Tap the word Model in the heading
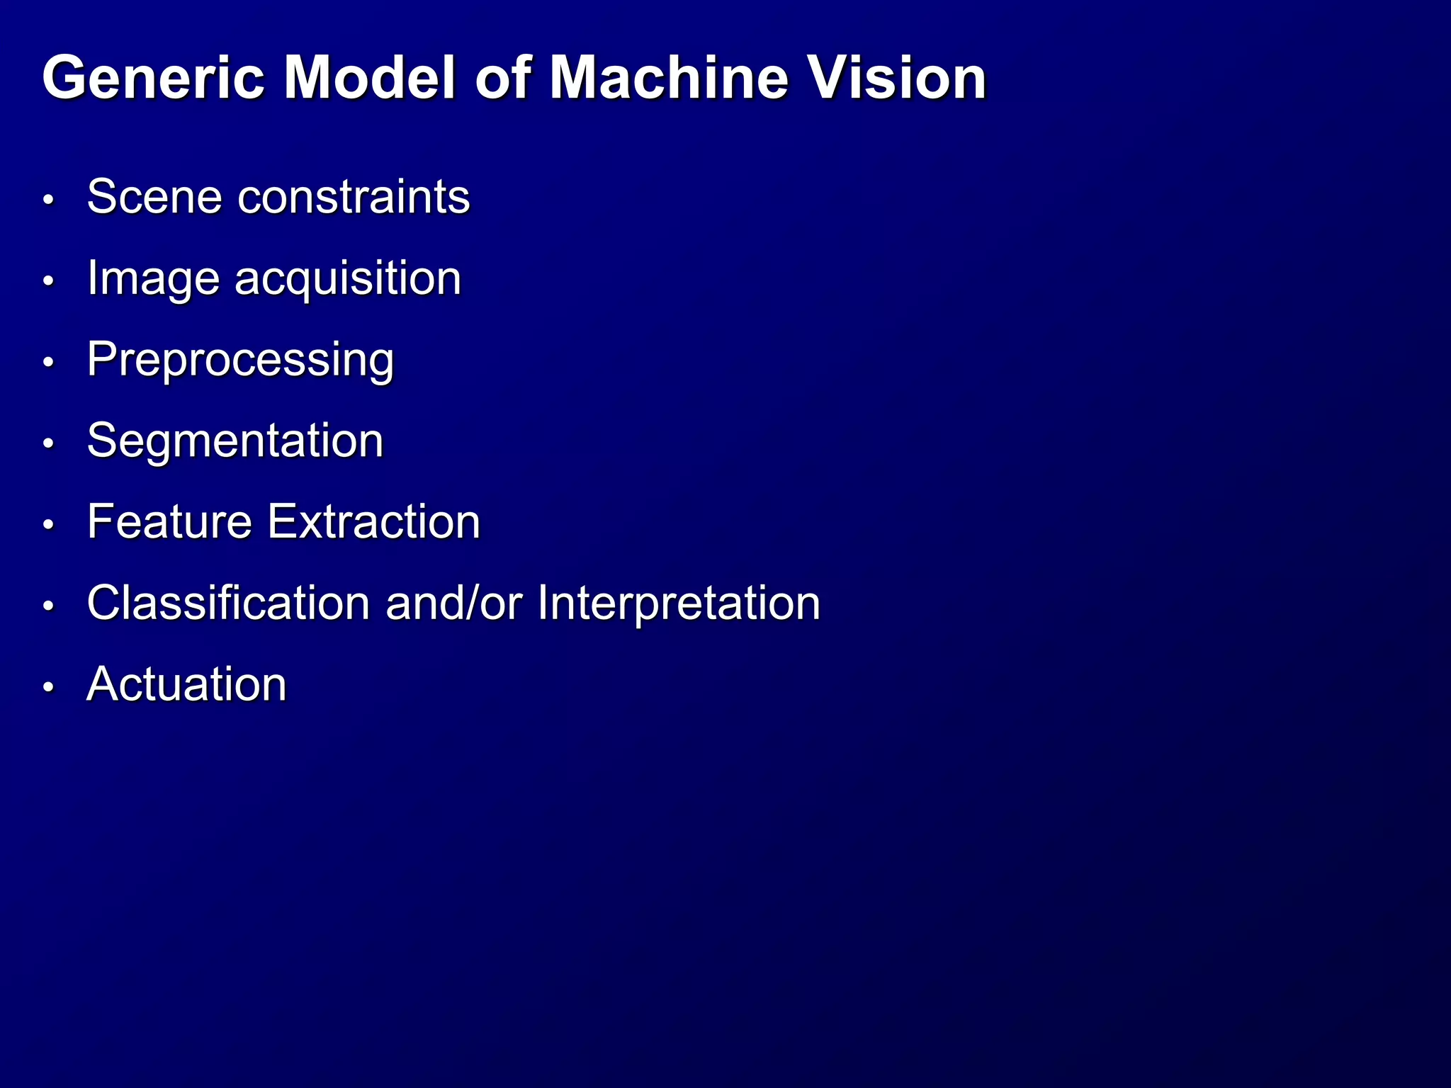(370, 77)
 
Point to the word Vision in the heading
(898, 77)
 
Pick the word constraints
(354, 196)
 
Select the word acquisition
(348, 278)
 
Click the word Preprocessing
(240, 360)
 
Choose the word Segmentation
(235, 441)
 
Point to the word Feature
(169, 522)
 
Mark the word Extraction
(374, 522)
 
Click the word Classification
(228, 603)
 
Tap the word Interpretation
(678, 603)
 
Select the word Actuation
(186, 685)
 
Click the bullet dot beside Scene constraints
(48, 200)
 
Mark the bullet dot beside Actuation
(48, 688)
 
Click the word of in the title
(502, 77)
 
